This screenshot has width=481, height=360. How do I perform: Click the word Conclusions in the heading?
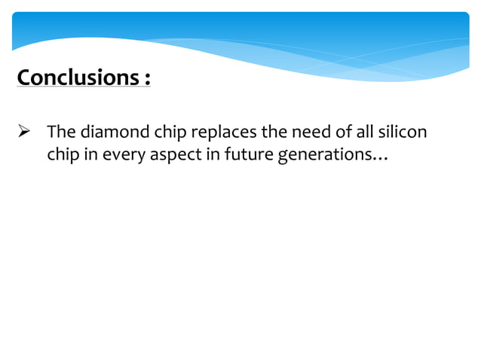(75, 78)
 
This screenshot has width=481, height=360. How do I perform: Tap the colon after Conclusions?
(146, 79)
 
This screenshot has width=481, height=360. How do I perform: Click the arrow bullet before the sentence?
(22, 133)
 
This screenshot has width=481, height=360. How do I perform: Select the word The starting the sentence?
(60, 133)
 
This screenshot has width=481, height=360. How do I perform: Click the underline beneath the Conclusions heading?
(83, 89)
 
